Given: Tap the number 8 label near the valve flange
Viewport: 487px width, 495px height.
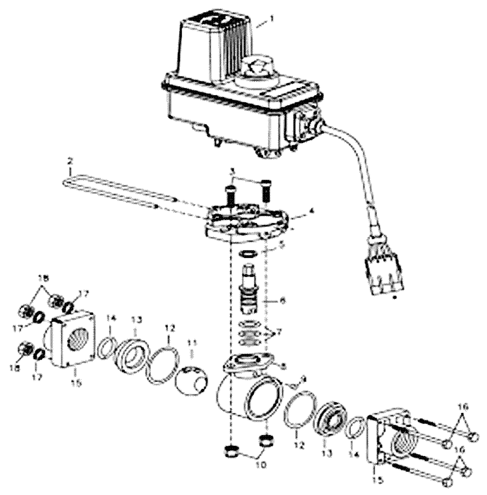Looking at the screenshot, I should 283,366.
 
